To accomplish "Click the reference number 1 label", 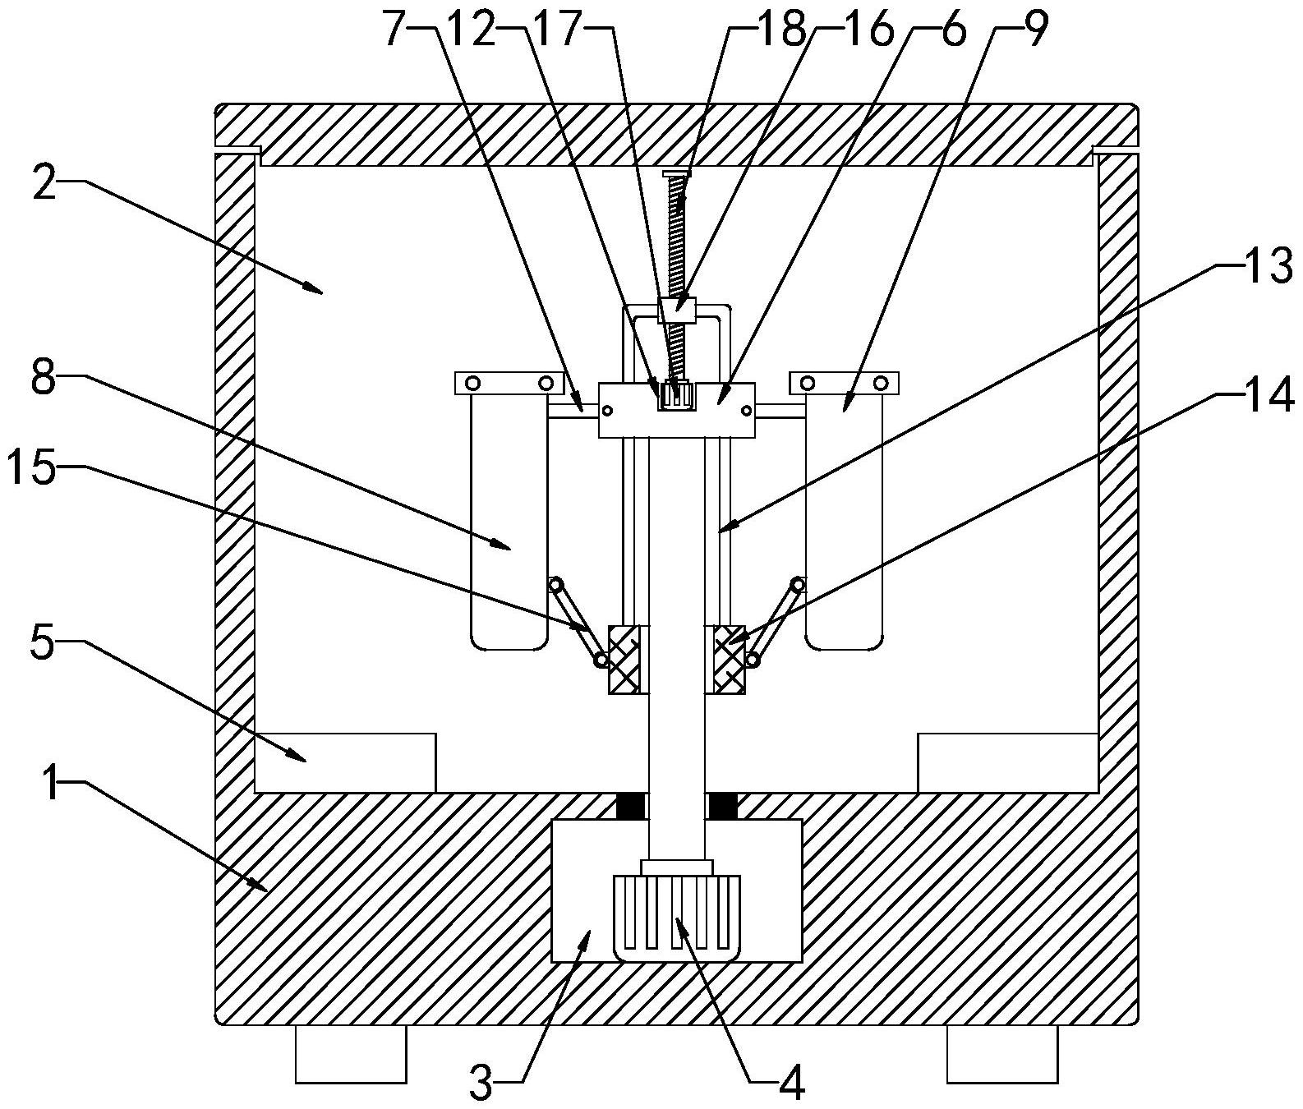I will tap(52, 786).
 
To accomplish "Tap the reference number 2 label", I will tap(46, 186).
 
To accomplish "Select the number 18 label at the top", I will tap(782, 30).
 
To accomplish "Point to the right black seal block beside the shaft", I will tap(722, 806).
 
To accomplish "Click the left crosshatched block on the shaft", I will tap(624, 659).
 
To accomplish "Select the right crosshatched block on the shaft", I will tap(729, 659).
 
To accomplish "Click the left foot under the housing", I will tap(351, 1053).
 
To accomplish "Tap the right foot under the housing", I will tap(1002, 1053).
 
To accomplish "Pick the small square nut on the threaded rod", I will tap(678, 311).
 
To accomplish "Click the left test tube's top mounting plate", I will tap(509, 383).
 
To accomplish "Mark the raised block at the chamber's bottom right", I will tap(1007, 763).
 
